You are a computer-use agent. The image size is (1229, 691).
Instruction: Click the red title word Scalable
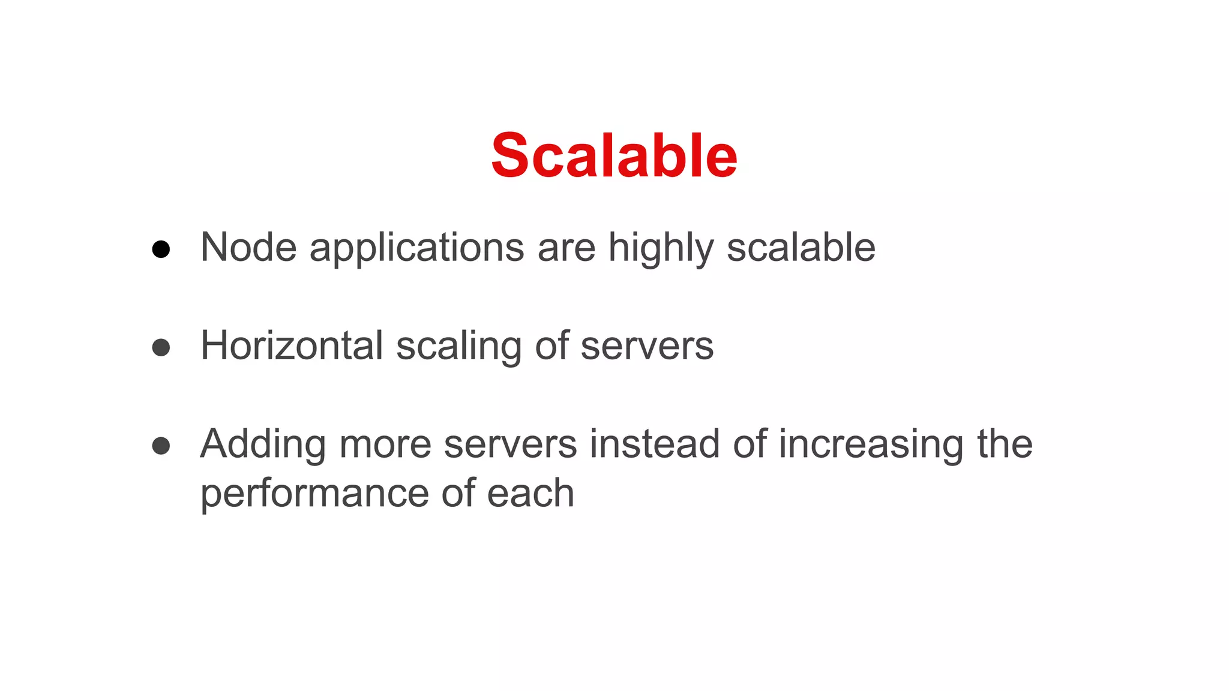pyautogui.click(x=614, y=156)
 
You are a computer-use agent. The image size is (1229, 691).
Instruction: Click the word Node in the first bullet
pyautogui.click(x=248, y=247)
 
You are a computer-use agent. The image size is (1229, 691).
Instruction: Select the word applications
pyautogui.click(x=416, y=248)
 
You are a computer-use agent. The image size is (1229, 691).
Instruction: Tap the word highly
pyautogui.click(x=661, y=248)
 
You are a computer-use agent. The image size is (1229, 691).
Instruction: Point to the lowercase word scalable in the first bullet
pyautogui.click(x=801, y=247)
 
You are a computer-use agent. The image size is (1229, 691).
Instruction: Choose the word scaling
pyautogui.click(x=458, y=347)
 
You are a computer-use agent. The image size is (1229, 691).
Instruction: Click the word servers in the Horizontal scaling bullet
pyautogui.click(x=647, y=347)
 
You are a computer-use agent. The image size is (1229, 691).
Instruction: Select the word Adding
pyautogui.click(x=263, y=445)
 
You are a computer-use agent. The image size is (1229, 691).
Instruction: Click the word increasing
pyautogui.click(x=871, y=445)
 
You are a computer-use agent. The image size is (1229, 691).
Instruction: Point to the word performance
pyautogui.click(x=314, y=494)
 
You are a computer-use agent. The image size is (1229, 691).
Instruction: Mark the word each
pyautogui.click(x=530, y=493)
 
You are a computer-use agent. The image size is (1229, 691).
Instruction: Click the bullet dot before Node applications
pyautogui.click(x=161, y=249)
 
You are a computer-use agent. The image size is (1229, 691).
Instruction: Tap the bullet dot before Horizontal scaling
pyautogui.click(x=161, y=347)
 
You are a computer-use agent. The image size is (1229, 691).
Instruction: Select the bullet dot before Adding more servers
pyautogui.click(x=161, y=446)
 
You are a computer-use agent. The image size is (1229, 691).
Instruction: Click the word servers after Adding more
pyautogui.click(x=510, y=445)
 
